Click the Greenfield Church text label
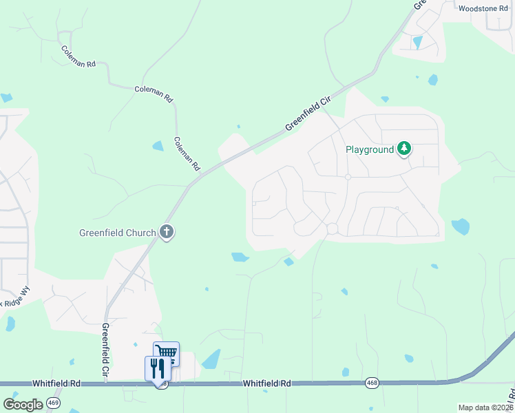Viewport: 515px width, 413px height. (117, 233)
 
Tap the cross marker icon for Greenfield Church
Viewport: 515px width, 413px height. (166, 232)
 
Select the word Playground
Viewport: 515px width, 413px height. (369, 149)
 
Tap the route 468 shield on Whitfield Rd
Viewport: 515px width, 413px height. (372, 383)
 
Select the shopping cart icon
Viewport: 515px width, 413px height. (166, 354)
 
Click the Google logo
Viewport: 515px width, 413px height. (23, 405)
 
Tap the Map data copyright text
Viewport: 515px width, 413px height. (485, 407)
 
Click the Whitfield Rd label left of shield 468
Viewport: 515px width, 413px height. (266, 383)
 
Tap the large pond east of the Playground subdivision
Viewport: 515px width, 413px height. (460, 226)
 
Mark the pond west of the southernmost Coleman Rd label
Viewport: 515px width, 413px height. (158, 146)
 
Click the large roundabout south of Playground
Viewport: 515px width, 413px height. (333, 229)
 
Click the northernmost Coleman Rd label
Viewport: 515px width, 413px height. (77, 56)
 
